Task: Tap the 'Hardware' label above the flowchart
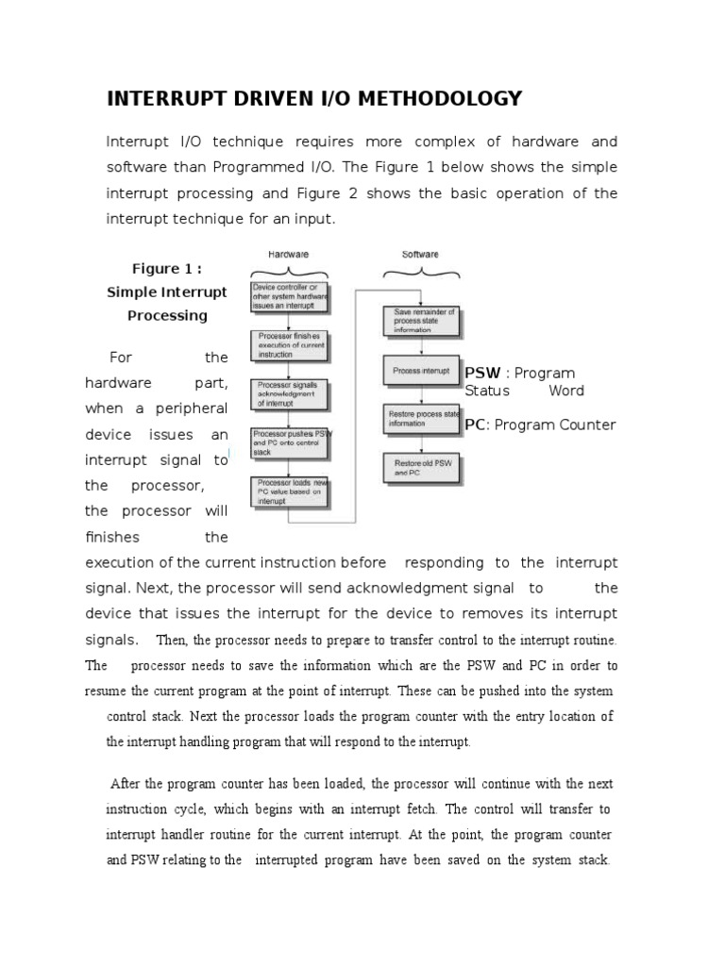289,255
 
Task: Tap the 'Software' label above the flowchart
420,255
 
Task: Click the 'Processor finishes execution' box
290,345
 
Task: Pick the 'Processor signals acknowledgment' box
290,395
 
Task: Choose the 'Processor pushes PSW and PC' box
290,442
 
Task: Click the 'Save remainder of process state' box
421,322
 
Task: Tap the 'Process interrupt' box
421,371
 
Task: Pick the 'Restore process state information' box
421,419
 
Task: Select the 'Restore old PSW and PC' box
421,468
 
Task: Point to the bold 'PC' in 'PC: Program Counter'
475,425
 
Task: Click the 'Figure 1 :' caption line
167,269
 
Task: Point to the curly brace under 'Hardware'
289,271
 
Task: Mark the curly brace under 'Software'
420,271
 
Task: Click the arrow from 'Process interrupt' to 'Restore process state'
421,395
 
